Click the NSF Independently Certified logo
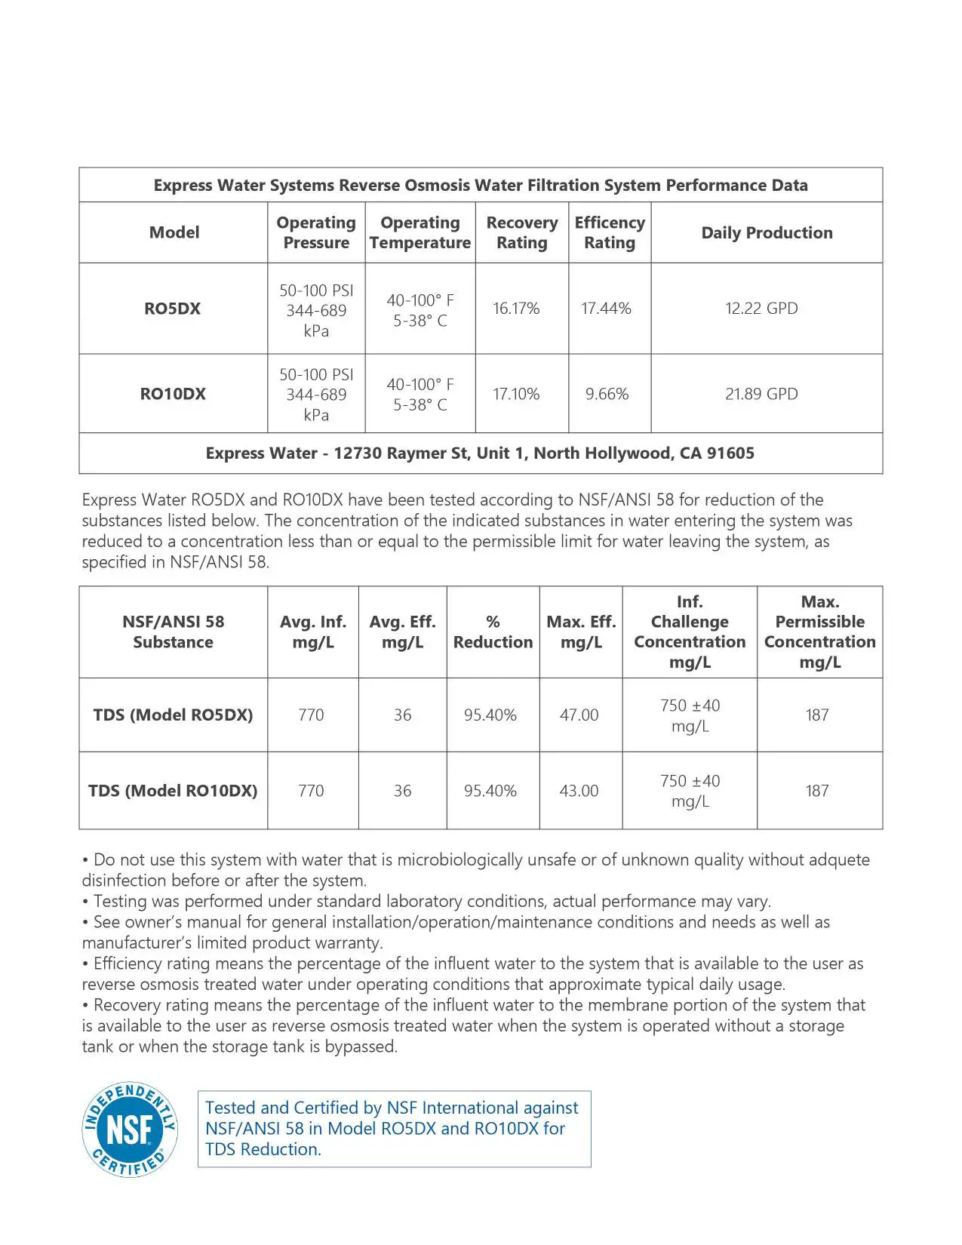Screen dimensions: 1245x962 130,1130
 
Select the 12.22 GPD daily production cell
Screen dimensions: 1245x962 761,309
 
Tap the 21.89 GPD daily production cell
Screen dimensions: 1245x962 761,394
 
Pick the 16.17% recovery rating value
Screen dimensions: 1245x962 516,309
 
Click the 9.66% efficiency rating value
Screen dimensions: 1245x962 607,394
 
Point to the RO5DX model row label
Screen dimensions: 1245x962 173,309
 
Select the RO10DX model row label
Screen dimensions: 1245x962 173,394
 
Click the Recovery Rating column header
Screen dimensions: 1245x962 521,232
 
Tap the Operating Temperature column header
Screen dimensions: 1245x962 420,232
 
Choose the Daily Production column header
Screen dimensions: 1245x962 767,232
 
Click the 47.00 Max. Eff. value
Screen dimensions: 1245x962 579,715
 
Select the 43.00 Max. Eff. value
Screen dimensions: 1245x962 579,791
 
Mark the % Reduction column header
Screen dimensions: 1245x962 493,632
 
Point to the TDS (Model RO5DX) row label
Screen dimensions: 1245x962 173,715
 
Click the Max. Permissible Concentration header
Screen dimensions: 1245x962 819,632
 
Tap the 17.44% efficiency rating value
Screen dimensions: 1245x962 606,309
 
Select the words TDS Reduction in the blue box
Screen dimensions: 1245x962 263,1149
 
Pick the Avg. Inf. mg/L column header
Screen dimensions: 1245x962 312,632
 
